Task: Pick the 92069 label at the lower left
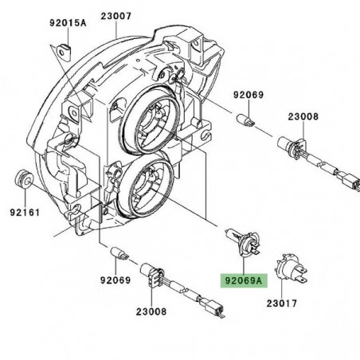coord(115,280)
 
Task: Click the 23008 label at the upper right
coord(303,116)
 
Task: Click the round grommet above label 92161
coord(24,179)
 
